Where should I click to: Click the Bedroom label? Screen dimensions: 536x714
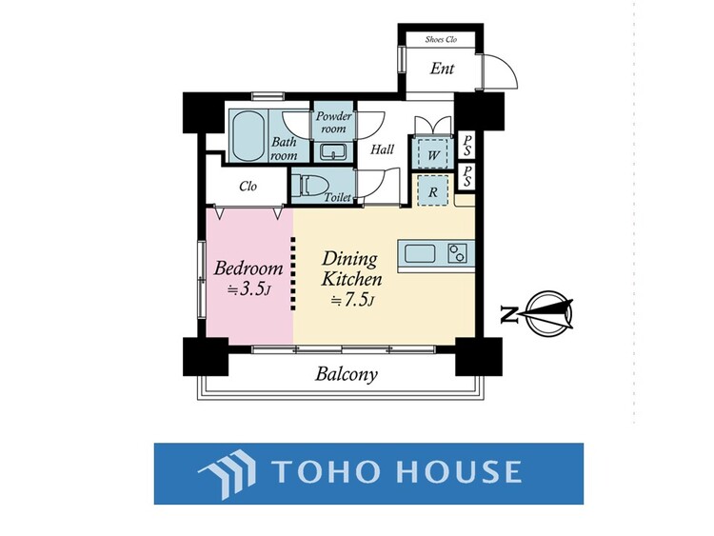click(x=248, y=268)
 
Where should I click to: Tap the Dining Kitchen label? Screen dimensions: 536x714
click(x=350, y=268)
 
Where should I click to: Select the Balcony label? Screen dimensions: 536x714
click(x=347, y=374)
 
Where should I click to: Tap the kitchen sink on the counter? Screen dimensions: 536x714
click(x=421, y=254)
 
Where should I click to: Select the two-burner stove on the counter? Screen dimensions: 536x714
click(x=458, y=254)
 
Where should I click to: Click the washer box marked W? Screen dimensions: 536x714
click(x=432, y=153)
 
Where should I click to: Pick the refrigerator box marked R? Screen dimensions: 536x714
click(x=432, y=190)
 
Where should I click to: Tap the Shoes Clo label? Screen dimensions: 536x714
click(x=441, y=40)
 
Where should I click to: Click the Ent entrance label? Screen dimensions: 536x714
click(x=442, y=69)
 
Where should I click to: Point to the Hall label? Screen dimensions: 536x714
click(x=382, y=149)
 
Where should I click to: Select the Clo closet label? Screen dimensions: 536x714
click(x=248, y=187)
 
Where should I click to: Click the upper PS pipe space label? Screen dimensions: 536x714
click(x=466, y=144)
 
